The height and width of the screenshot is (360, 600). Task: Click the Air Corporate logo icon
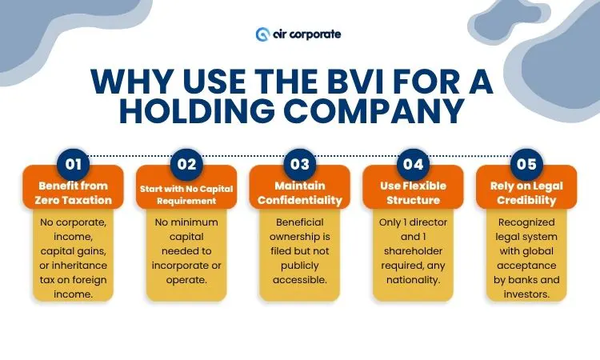(262, 34)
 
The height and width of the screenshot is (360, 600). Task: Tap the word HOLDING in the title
(211, 112)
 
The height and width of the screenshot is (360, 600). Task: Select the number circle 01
(74, 165)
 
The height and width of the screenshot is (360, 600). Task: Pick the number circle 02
(186, 165)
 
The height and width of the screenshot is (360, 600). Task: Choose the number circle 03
(300, 165)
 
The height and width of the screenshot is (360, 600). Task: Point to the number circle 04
(413, 165)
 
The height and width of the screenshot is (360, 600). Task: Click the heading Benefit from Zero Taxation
(74, 193)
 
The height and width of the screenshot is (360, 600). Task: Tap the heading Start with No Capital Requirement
(186, 193)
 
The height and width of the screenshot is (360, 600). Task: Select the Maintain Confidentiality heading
(300, 193)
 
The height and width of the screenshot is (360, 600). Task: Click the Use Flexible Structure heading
(413, 193)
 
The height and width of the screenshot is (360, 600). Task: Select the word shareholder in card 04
(413, 250)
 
